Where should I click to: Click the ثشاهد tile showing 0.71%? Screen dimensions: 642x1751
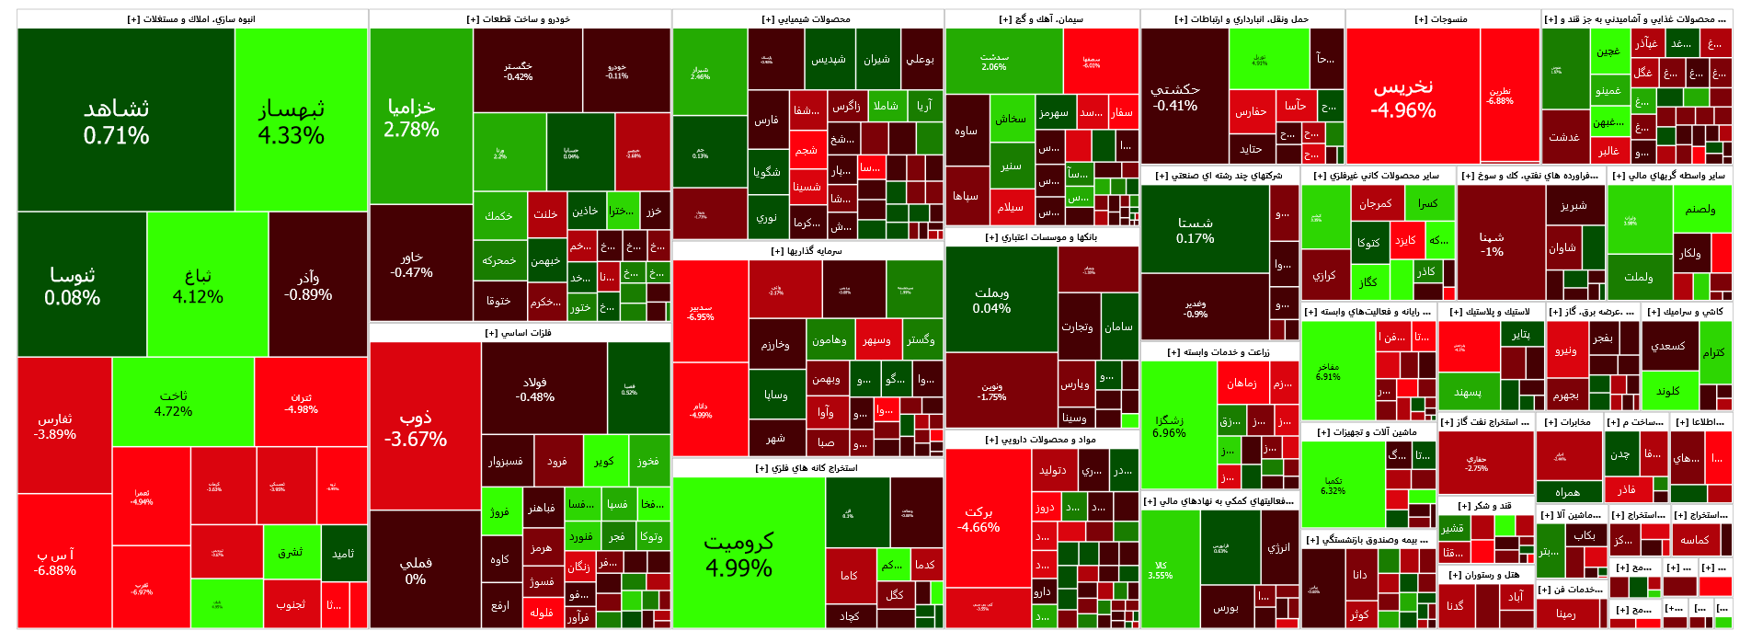pyautogui.click(x=116, y=121)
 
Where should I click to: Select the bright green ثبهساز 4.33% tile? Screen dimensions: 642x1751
pyautogui.click(x=291, y=121)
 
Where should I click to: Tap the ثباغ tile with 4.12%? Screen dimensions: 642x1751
pyautogui.click(x=198, y=286)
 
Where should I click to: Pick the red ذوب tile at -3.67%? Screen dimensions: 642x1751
pyautogui.click(x=416, y=429)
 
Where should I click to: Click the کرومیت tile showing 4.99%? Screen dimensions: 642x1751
pyautogui.click(x=738, y=554)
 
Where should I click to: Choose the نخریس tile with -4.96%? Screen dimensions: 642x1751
pyautogui.click(x=1403, y=97)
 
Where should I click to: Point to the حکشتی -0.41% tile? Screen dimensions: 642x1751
pyautogui.click(x=1175, y=97)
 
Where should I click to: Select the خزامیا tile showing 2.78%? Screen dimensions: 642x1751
pyautogui.click(x=411, y=118)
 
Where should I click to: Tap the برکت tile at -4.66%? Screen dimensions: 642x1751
pyautogui.click(x=978, y=519)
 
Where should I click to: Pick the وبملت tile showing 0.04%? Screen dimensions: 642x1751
pyautogui.click(x=991, y=300)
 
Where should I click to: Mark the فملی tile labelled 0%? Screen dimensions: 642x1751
pyautogui.click(x=416, y=570)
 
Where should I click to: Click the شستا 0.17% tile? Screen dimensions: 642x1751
pyautogui.click(x=1195, y=230)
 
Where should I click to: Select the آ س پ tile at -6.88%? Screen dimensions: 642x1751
pyautogui.click(x=55, y=562)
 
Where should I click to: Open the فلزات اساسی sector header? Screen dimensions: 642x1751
pyautogui.click(x=519, y=333)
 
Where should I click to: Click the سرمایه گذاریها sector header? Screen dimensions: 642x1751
pyautogui.click(x=807, y=251)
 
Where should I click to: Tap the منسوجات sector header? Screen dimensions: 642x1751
pyautogui.click(x=1442, y=19)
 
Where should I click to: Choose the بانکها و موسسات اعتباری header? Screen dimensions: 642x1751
pyautogui.click(x=1042, y=237)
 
